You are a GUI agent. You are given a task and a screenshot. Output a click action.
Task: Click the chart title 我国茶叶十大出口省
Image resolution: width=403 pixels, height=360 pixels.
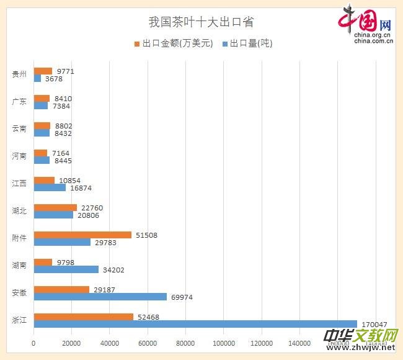(201, 22)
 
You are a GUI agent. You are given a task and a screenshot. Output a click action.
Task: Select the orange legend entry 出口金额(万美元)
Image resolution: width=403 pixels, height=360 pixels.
(174, 43)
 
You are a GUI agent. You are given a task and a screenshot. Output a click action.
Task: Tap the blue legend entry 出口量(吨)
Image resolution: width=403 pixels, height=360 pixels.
(247, 43)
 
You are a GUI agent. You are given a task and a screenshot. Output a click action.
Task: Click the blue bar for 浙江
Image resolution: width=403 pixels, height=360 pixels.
(195, 324)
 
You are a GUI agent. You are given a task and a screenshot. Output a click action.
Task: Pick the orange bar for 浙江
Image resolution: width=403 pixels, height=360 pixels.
(83, 317)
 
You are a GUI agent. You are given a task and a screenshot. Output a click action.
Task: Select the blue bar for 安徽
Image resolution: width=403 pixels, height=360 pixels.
(100, 297)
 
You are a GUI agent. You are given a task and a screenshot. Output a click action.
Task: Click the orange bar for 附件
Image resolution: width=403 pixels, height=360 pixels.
(82, 235)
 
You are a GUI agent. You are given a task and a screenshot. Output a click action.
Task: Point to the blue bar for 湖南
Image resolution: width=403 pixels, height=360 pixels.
(66, 269)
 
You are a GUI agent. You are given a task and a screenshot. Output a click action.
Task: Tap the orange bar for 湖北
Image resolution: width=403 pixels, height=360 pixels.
(55, 207)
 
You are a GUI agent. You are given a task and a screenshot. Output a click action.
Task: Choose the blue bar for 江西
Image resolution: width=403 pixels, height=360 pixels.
(50, 187)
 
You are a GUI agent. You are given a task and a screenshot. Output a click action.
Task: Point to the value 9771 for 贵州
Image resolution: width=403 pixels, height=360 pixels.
(65, 71)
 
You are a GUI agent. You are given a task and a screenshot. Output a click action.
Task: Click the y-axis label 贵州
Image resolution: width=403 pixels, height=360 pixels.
(19, 74)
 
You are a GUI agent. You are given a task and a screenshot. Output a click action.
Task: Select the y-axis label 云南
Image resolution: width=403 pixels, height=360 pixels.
(19, 129)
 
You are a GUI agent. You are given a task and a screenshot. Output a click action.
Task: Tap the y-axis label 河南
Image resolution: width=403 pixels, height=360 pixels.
(19, 156)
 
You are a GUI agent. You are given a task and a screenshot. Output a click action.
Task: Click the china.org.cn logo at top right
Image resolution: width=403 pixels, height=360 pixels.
(366, 25)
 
